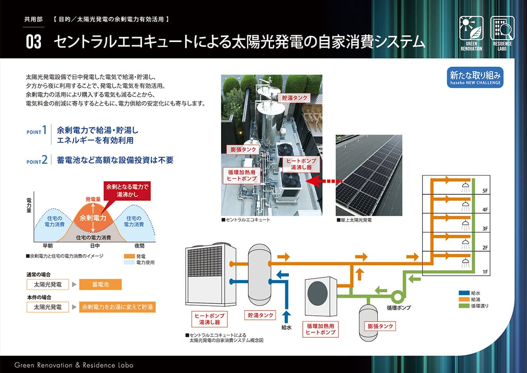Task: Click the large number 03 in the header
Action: coord(33,42)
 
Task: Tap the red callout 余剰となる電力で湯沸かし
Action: coord(127,191)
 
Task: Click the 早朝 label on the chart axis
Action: coord(48,246)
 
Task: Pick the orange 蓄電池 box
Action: coord(100,285)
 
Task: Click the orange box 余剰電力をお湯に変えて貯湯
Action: coord(117,307)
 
